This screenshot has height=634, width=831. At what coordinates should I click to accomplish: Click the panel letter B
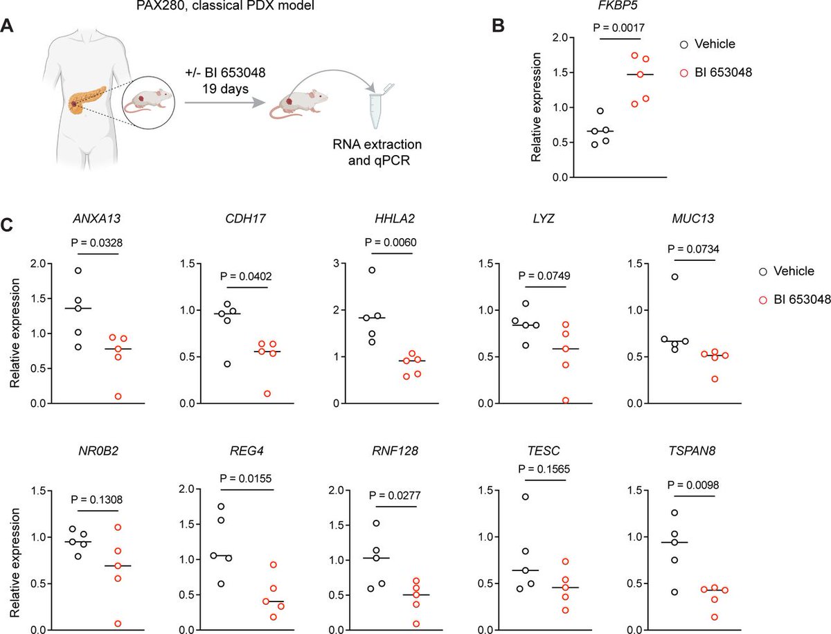point(498,26)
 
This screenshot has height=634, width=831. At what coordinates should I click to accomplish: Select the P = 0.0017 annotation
point(625,28)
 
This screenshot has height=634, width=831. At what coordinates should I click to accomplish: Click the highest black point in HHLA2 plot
point(372,270)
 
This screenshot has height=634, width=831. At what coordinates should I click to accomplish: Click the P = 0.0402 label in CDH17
point(246,275)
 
